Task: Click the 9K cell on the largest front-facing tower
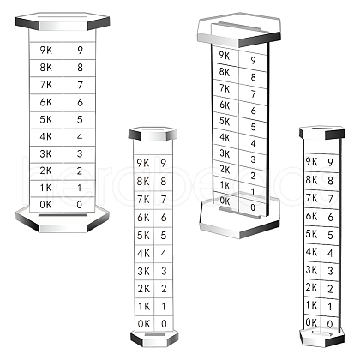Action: click(46, 51)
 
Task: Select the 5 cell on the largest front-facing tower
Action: click(80, 120)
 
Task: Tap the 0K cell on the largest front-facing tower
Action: click(46, 205)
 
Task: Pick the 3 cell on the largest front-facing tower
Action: click(80, 154)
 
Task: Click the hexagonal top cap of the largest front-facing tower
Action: click(63, 21)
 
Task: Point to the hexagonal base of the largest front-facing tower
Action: click(63, 219)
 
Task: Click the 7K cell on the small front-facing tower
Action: click(144, 200)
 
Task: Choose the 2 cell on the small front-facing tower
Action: click(164, 289)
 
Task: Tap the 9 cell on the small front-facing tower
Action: click(164, 164)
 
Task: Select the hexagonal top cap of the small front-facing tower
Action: click(153, 134)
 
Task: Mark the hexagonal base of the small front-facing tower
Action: click(154, 339)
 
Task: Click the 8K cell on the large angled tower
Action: click(225, 72)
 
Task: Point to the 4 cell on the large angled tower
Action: click(253, 143)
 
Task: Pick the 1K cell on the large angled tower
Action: click(225, 185)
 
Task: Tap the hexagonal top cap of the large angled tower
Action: click(239, 29)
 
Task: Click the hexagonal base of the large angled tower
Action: click(239, 219)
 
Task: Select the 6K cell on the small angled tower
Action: click(312, 216)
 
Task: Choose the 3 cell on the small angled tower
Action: click(330, 270)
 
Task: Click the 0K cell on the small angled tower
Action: click(311, 322)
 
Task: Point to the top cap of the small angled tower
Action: click(322, 133)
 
